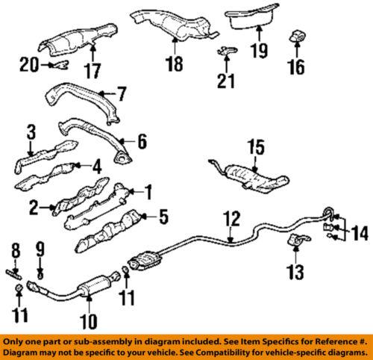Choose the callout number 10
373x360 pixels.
coord(87,323)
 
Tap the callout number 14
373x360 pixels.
coord(359,234)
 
